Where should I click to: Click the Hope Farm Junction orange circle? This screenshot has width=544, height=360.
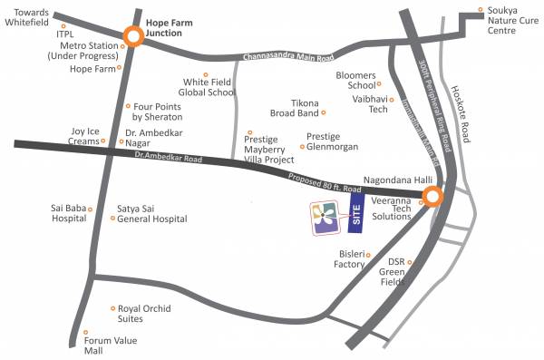133,37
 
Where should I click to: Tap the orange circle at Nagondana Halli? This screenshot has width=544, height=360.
432,197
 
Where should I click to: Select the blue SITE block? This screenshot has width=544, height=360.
356,214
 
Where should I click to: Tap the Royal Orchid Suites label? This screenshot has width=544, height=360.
143,314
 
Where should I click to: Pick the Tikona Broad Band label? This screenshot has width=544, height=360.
295,108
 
